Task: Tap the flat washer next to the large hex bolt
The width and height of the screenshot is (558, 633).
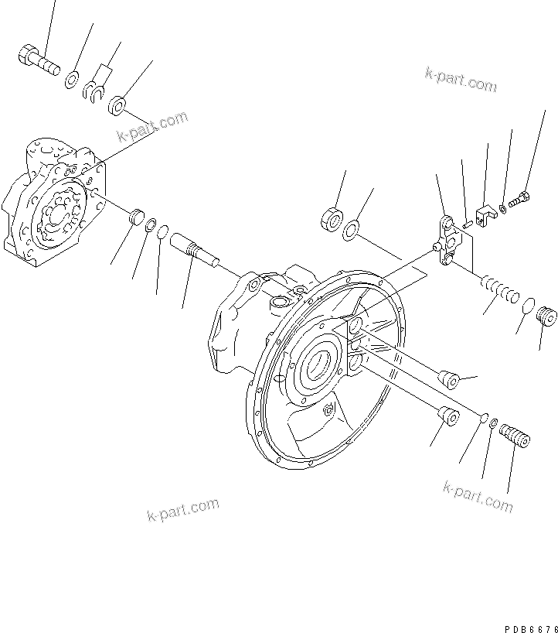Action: pyautogui.click(x=72, y=77)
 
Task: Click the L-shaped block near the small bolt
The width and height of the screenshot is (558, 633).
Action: pyautogui.click(x=485, y=217)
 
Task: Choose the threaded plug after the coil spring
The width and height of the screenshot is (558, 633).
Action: pyautogui.click(x=546, y=316)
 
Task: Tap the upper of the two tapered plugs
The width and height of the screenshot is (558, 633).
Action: pyautogui.click(x=447, y=378)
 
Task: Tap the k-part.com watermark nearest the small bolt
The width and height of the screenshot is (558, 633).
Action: pyautogui.click(x=461, y=79)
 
